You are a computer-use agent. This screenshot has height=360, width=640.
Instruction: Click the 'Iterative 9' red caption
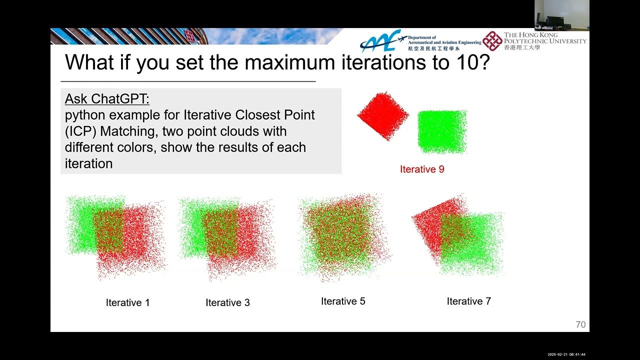pyautogui.click(x=422, y=169)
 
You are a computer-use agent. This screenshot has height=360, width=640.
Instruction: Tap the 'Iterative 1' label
pyautogui.click(x=127, y=302)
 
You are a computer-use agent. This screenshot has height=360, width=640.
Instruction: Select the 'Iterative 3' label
pyautogui.click(x=227, y=302)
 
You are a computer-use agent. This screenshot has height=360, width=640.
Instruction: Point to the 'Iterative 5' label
pyautogui.click(x=343, y=301)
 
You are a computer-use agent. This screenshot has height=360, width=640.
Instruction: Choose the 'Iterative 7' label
pyautogui.click(x=468, y=301)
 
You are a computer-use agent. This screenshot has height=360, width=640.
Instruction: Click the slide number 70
pyautogui.click(x=580, y=324)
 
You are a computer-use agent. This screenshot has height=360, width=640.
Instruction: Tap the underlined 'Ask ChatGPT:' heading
pyautogui.click(x=107, y=99)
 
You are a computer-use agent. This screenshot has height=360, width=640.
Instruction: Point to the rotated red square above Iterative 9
pyautogui.click(x=382, y=116)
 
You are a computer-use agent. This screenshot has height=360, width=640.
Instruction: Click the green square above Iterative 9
pyautogui.click(x=442, y=131)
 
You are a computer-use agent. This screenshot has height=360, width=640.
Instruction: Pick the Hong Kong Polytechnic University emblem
pyautogui.click(x=492, y=40)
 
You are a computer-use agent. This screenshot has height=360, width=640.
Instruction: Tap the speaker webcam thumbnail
pyautogui.click(x=561, y=15)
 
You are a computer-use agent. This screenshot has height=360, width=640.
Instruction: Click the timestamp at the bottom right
pyautogui.click(x=566, y=354)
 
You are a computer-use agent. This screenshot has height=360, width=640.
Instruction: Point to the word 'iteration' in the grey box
pyautogui.click(x=88, y=163)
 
